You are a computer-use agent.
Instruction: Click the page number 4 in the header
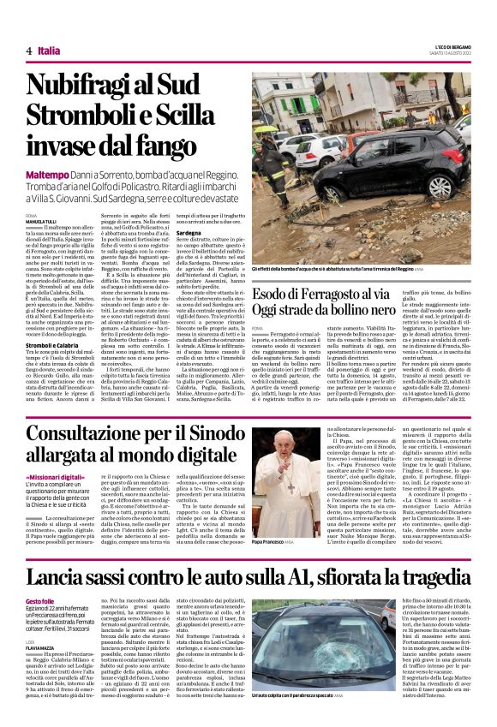pos(28,51)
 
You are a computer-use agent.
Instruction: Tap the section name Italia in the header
pos(49,51)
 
